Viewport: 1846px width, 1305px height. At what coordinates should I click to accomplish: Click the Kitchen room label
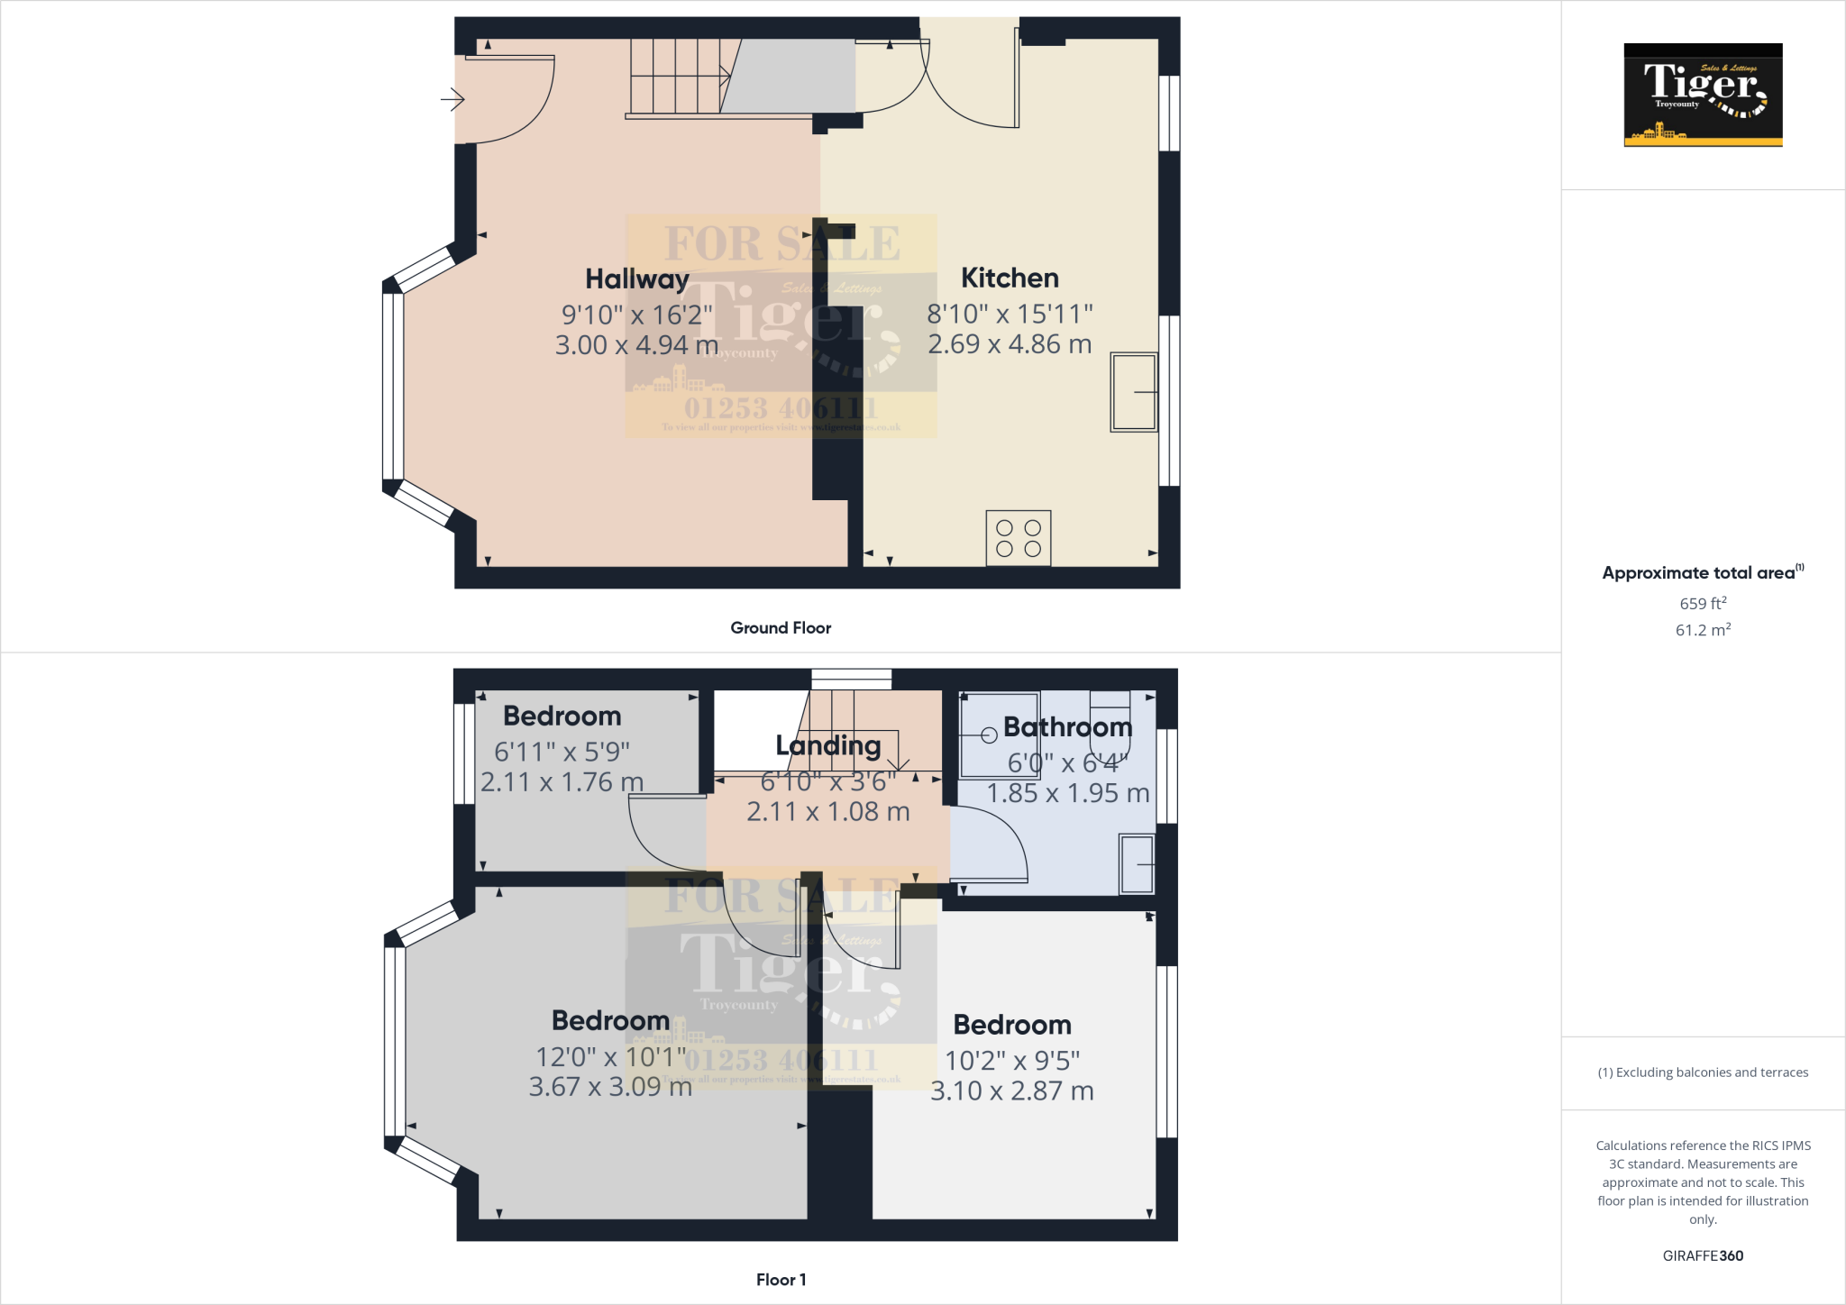tap(1010, 278)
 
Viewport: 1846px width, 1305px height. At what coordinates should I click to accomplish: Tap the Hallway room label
tap(636, 279)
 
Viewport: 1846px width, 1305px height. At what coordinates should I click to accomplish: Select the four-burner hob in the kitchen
tap(1019, 538)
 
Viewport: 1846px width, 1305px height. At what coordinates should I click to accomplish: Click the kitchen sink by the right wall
tap(1134, 392)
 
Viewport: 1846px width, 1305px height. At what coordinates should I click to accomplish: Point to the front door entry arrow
tap(452, 99)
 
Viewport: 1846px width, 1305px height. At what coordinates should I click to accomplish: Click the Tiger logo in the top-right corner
tap(1703, 95)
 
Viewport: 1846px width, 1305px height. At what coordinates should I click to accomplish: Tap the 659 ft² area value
tap(1703, 603)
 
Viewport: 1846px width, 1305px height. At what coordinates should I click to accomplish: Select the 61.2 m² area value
tap(1703, 630)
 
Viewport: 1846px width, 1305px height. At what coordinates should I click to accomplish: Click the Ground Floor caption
tap(781, 628)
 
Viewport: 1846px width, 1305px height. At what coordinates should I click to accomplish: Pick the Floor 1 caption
tap(781, 1280)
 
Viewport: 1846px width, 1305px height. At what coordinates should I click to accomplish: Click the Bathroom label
tap(1067, 726)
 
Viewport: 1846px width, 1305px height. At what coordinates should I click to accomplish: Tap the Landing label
tap(827, 745)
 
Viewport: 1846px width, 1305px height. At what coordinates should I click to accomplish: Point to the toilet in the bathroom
tap(1110, 726)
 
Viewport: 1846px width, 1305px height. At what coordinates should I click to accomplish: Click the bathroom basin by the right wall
tap(1137, 864)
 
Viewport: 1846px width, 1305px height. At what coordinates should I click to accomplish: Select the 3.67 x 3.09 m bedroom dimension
tap(610, 1087)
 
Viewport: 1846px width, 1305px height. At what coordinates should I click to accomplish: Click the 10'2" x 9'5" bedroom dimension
tap(1012, 1061)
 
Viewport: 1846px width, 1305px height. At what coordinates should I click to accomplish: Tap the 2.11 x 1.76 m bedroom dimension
tap(562, 782)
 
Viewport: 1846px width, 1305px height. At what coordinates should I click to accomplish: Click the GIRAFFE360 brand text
tap(1703, 1255)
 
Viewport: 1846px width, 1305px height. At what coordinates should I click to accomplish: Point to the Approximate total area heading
tap(1701, 573)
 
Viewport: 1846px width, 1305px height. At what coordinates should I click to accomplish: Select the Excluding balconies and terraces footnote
tap(1703, 1072)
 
